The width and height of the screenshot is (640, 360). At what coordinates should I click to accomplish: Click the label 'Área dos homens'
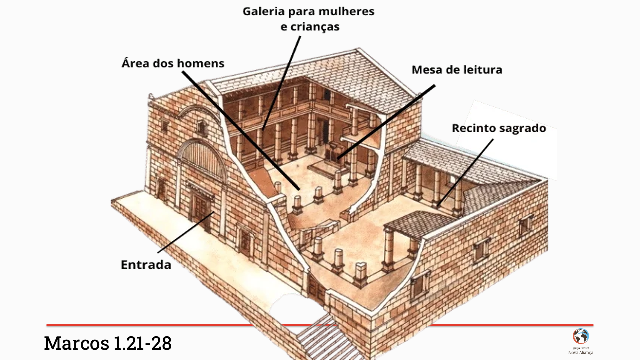click(x=173, y=64)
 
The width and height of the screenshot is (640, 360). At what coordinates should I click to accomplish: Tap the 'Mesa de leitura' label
click(x=457, y=70)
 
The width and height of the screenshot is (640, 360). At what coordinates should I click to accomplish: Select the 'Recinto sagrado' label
click(x=499, y=128)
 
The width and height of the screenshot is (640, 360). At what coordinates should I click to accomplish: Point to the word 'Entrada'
click(x=146, y=265)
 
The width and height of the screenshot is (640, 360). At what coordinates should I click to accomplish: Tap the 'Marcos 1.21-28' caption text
click(x=108, y=343)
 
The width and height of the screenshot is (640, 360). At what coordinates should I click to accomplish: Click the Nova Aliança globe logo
click(x=580, y=336)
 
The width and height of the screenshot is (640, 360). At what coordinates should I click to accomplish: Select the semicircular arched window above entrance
click(x=202, y=159)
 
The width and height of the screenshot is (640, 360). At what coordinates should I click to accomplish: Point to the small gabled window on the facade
click(x=201, y=127)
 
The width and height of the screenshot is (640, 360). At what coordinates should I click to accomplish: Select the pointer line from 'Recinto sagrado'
click(x=465, y=172)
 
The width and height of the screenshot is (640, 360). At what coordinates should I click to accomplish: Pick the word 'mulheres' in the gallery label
click(x=348, y=11)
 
